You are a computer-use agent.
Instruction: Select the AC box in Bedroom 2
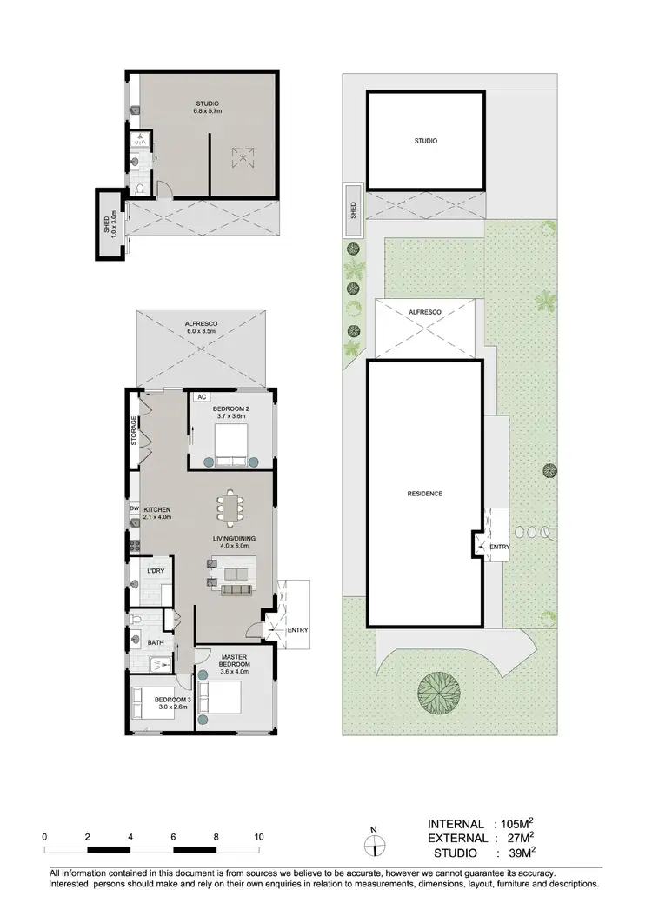[x=201, y=396]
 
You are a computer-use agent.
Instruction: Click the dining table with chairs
[x=230, y=508]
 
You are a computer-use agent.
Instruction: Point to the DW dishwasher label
[x=135, y=508]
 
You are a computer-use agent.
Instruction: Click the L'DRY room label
[x=156, y=570]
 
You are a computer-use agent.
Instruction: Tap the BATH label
[x=156, y=643]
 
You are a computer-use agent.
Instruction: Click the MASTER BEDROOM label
[x=235, y=663]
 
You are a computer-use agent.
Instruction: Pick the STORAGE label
[x=135, y=431]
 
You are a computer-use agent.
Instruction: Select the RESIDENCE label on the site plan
[x=425, y=494]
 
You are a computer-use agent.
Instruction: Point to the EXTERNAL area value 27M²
[x=516, y=838]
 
